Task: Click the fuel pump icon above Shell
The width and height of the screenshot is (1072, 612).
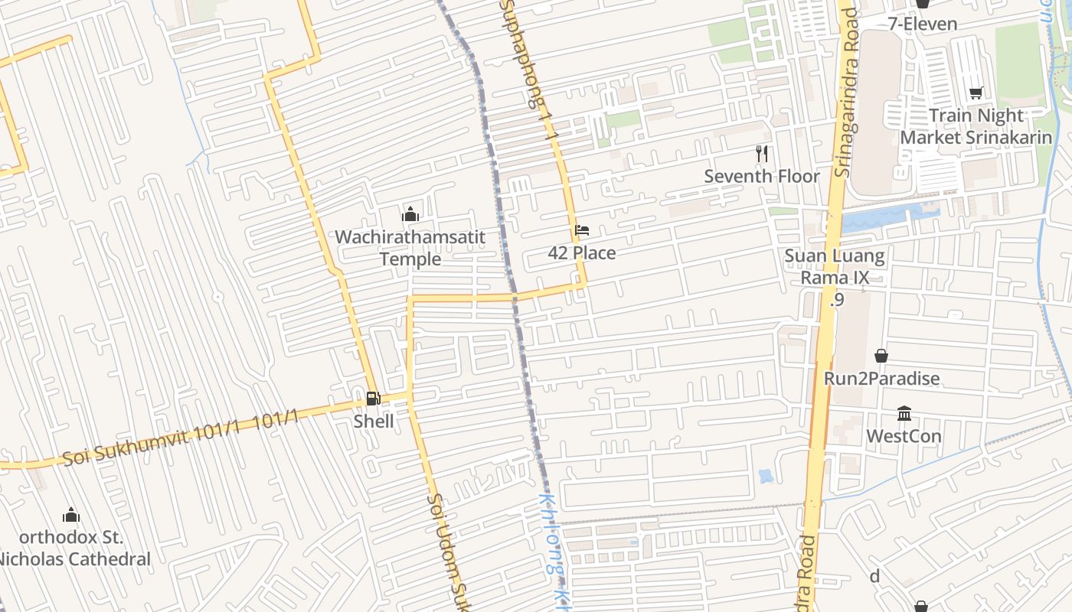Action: pos(372,398)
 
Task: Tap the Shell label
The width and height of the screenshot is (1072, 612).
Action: pos(374,422)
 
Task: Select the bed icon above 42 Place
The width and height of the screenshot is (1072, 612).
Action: pos(582,229)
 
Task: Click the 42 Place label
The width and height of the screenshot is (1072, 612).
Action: pos(582,253)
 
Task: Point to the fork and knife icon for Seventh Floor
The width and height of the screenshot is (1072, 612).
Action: pos(761,154)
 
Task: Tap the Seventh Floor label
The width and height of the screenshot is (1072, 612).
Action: pos(762,177)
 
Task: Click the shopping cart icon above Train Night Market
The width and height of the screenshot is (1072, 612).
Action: pos(976,93)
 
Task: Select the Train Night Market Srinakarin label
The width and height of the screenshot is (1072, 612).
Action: pos(976,126)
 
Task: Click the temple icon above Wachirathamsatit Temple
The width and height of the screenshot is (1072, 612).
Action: pos(410,213)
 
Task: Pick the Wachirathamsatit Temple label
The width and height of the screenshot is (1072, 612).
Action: pos(410,248)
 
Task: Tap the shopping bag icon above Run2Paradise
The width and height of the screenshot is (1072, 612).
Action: pos(881,356)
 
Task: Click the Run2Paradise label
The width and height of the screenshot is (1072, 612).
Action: pos(881,379)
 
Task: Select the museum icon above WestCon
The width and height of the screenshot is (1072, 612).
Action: pos(904,413)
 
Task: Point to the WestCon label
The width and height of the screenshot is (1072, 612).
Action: pos(904,437)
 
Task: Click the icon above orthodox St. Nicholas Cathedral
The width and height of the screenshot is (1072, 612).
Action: pos(71,514)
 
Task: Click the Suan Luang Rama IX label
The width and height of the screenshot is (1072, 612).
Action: pos(835,266)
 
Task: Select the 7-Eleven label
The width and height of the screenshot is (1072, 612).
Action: pos(923,24)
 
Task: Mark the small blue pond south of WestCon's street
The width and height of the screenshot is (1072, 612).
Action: pos(766,477)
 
